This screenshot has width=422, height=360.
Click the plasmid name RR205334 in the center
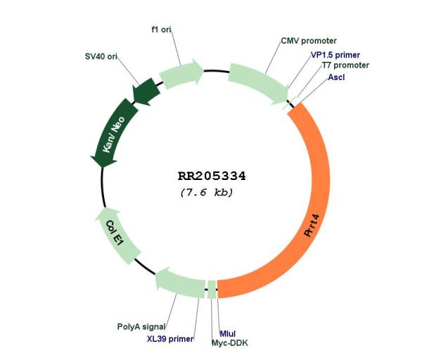(x=212, y=176)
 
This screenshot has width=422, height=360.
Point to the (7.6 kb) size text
(x=207, y=193)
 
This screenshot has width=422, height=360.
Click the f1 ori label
(x=161, y=30)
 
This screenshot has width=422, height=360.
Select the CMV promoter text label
(x=309, y=41)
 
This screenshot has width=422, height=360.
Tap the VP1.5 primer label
(x=335, y=55)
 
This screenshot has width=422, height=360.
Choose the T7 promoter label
(x=345, y=65)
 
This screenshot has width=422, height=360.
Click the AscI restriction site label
(x=336, y=77)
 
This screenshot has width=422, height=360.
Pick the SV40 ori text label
(x=101, y=56)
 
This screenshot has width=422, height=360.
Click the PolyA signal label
(x=141, y=327)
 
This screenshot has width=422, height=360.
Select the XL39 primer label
(x=170, y=338)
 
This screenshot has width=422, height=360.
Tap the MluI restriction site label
(x=228, y=333)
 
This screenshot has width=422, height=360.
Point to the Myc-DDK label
(x=229, y=343)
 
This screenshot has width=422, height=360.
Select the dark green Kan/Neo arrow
(x=115, y=133)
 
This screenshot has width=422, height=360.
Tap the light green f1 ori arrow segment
(x=181, y=73)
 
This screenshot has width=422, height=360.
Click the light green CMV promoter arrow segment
(x=258, y=83)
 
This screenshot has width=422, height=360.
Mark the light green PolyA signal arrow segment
(x=180, y=283)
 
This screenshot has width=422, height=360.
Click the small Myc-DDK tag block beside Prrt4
(x=212, y=290)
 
